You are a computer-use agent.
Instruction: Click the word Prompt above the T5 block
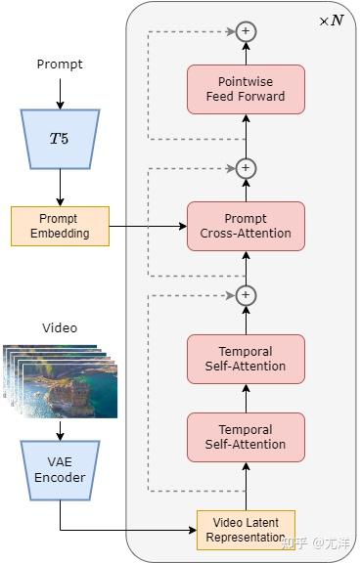click(x=60, y=65)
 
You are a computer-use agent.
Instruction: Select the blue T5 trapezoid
click(x=60, y=138)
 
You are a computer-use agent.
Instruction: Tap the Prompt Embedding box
click(x=60, y=226)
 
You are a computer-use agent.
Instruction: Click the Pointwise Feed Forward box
click(x=246, y=89)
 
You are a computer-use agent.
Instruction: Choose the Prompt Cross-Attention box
click(x=246, y=226)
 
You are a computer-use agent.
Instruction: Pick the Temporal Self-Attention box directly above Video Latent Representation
click(x=246, y=437)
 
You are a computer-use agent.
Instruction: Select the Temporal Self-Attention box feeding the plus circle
click(x=246, y=359)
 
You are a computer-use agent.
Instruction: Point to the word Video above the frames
click(x=60, y=327)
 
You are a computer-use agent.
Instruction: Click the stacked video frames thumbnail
click(x=60, y=379)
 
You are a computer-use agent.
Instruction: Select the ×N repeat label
click(x=331, y=21)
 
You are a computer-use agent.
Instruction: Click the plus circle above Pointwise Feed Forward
click(x=246, y=31)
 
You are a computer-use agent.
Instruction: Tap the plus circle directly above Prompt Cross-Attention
click(x=246, y=168)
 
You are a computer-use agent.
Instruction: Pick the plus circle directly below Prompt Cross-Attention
click(x=246, y=294)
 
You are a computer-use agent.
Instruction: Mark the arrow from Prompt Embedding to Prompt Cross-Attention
click(x=147, y=226)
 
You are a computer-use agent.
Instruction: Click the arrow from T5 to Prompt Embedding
click(x=60, y=187)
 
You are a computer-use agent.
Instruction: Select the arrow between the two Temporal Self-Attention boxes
click(x=246, y=398)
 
